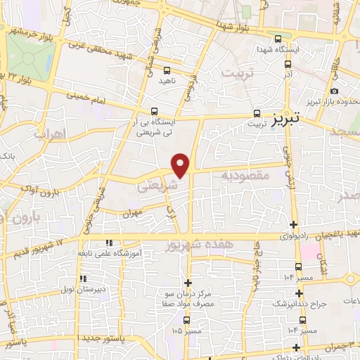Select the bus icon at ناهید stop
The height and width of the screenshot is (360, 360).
(167, 70)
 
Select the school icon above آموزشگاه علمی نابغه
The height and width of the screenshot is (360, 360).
(108, 243)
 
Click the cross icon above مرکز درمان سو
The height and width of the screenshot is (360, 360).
(187, 282)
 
